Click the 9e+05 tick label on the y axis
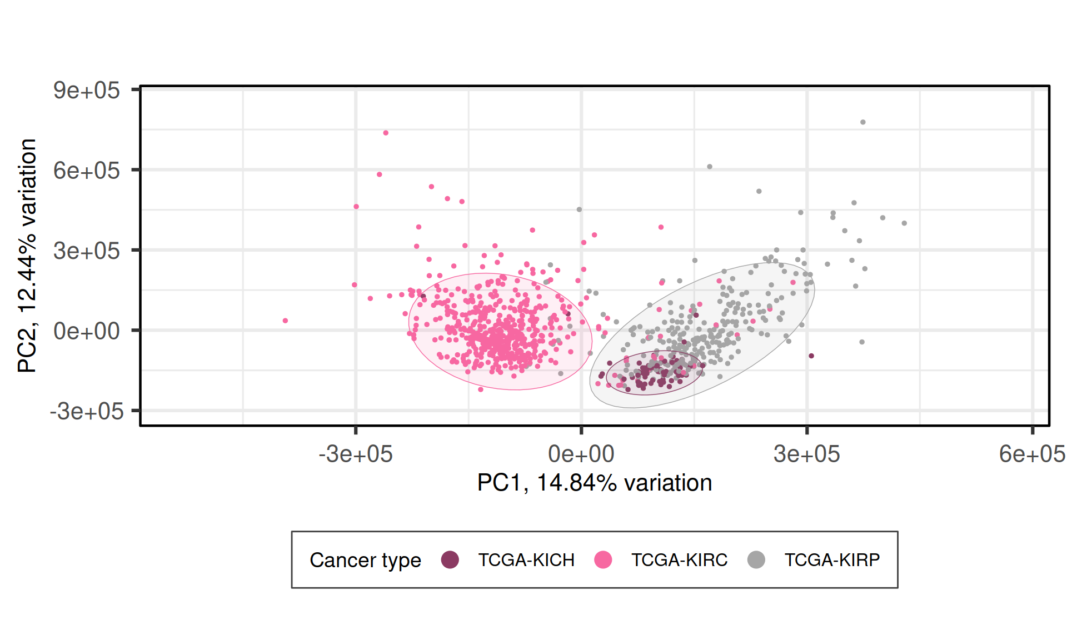tap(86, 90)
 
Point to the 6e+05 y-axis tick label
tap(86, 171)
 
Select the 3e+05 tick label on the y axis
tap(86, 251)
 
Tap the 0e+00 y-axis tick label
tap(86, 331)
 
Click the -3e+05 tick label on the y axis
tap(86, 412)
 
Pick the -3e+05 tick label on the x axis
tap(356, 454)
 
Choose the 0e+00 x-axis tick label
tap(581, 454)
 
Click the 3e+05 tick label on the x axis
tap(806, 454)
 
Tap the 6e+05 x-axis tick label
tap(1032, 454)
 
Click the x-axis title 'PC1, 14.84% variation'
tap(595, 483)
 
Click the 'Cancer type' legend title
tap(365, 560)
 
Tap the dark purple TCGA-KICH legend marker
tap(450, 560)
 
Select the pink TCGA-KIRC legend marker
tap(603, 560)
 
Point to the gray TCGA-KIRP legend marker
tap(756, 560)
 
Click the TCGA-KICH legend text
tap(526, 560)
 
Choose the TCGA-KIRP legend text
tap(832, 560)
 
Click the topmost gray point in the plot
tap(863, 122)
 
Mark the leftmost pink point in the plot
tap(285, 321)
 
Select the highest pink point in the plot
tap(386, 133)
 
